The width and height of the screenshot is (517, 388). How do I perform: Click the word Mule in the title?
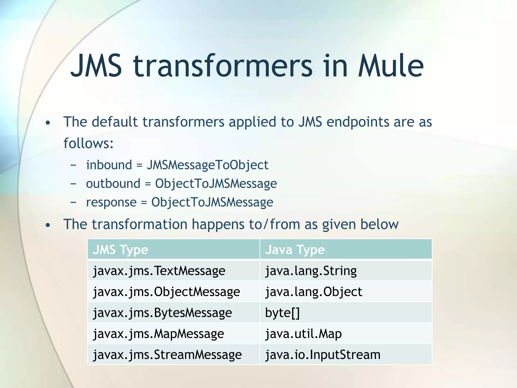point(391,66)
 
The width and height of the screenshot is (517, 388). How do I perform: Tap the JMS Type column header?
point(120,250)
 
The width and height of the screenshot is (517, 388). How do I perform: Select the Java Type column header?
point(295,250)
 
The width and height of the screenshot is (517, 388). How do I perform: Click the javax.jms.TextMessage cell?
point(159,271)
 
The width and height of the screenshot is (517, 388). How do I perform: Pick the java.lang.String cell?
point(311,271)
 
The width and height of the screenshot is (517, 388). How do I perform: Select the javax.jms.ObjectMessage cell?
point(166,292)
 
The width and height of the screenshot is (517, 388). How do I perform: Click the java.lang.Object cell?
point(314,292)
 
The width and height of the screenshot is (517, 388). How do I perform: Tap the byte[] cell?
point(282,313)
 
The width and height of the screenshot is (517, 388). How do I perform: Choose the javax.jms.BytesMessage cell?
point(162,313)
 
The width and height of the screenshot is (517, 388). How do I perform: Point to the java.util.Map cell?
point(303,334)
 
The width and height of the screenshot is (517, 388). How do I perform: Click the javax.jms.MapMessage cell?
point(159,334)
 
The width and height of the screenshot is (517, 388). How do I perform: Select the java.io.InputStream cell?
point(323,355)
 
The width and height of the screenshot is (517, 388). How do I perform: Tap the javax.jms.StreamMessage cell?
point(167,355)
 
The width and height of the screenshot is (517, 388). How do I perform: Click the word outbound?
point(113,184)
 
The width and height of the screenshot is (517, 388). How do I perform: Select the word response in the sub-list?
point(111,202)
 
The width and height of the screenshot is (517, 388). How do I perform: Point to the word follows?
point(88,143)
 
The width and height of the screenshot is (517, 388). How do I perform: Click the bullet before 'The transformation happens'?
point(48,225)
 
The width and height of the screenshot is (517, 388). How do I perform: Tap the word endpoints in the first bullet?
point(358,122)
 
